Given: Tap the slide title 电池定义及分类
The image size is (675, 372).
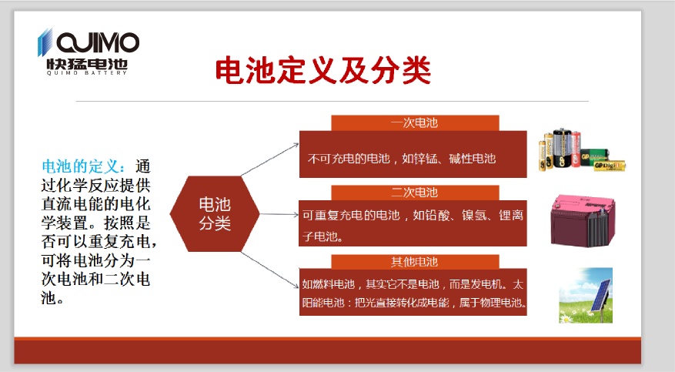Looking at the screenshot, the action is [322, 70].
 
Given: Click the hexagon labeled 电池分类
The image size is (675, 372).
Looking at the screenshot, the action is [215, 213].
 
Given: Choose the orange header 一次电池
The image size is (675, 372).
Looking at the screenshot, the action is [415, 122].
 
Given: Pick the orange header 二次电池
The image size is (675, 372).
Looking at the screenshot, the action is [415, 193].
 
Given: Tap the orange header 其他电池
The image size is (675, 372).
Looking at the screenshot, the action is [415, 262].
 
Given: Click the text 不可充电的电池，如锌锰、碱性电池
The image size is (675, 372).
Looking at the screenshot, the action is [402, 159].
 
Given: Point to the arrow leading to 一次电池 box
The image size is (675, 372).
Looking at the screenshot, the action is [270, 159].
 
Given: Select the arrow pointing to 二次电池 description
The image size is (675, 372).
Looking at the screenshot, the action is [279, 214].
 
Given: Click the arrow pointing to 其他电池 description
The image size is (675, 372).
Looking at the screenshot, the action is [270, 270].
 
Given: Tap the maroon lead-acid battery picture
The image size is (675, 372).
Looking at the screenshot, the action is [583, 221].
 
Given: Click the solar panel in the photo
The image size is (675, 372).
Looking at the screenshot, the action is [600, 296].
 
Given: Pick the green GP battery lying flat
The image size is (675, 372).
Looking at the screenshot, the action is [595, 156].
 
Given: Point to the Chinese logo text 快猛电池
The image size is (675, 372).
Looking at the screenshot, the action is [88, 64].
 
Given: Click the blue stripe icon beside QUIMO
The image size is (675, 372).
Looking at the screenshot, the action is [45, 42].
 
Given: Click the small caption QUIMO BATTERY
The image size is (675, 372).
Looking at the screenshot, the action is [87, 73].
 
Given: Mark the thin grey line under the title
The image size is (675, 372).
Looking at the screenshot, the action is [332, 101].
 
